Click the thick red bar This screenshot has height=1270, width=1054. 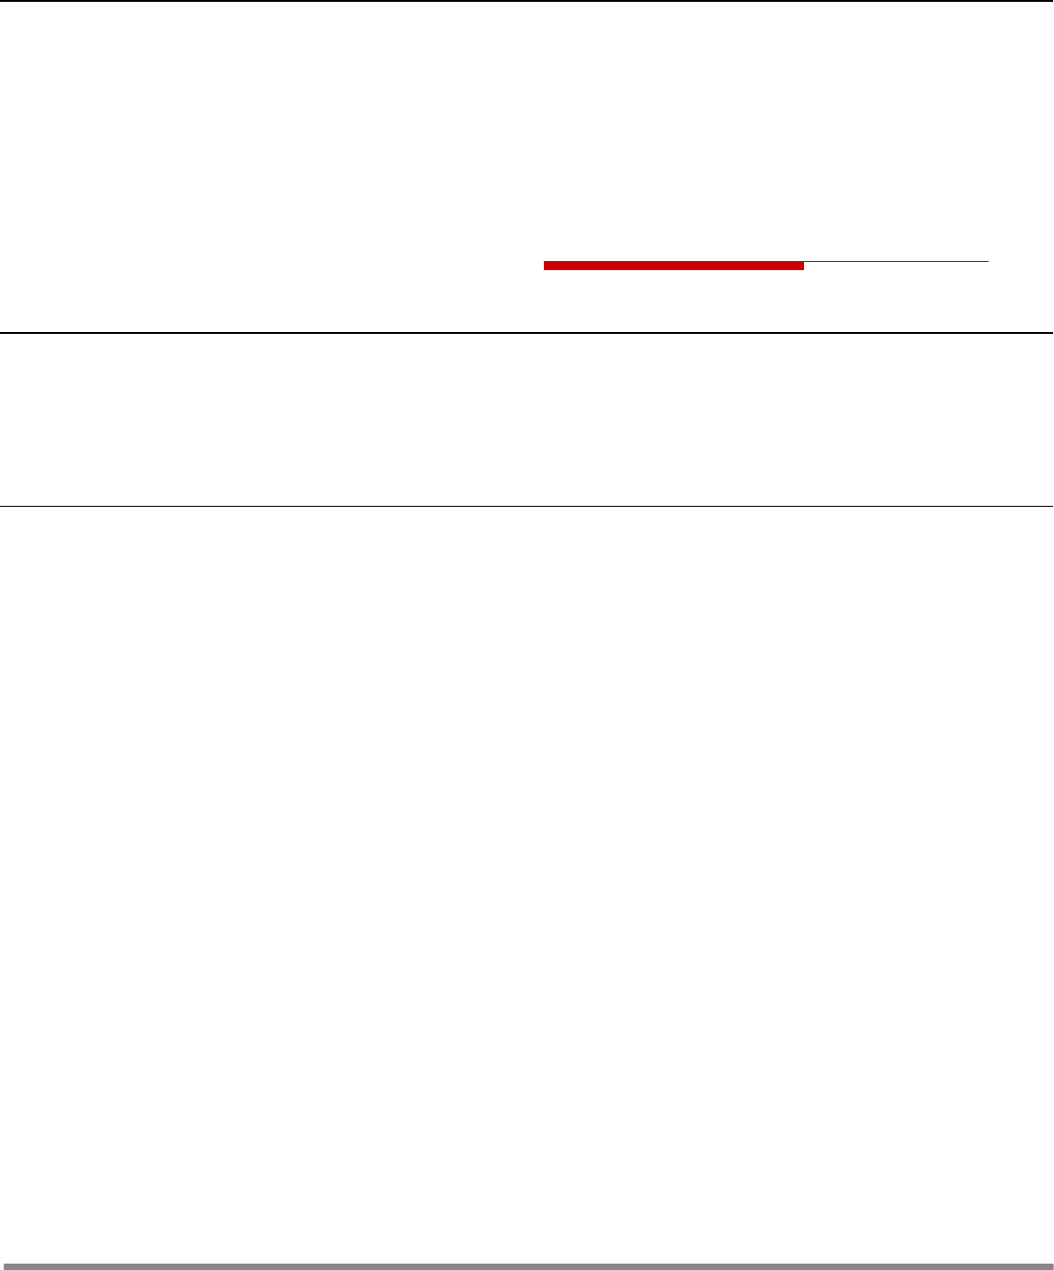point(673,266)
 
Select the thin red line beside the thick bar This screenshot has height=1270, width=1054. point(896,262)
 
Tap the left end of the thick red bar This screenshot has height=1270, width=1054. point(546,266)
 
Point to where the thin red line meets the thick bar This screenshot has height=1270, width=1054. point(804,263)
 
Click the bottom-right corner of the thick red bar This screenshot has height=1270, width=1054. point(803,269)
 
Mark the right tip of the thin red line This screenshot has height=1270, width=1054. point(987,262)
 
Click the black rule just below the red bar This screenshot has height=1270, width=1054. point(527,333)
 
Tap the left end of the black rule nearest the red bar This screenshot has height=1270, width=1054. point(2,333)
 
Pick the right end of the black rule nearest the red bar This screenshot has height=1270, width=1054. point(1051,333)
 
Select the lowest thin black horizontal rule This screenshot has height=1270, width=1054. point(527,506)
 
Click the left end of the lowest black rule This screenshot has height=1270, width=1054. point(2,506)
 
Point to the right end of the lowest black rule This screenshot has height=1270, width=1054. point(1051,506)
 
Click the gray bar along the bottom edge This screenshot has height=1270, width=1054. point(527,1265)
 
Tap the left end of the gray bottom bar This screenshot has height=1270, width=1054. point(3,1265)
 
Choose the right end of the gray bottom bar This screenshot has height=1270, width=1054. point(1050,1265)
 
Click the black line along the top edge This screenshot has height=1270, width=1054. point(527,1)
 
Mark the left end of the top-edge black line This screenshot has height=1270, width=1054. point(2,1)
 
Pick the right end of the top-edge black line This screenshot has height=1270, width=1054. point(1051,1)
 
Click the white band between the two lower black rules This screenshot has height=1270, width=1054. point(527,419)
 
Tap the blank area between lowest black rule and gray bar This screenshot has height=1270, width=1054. point(527,882)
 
